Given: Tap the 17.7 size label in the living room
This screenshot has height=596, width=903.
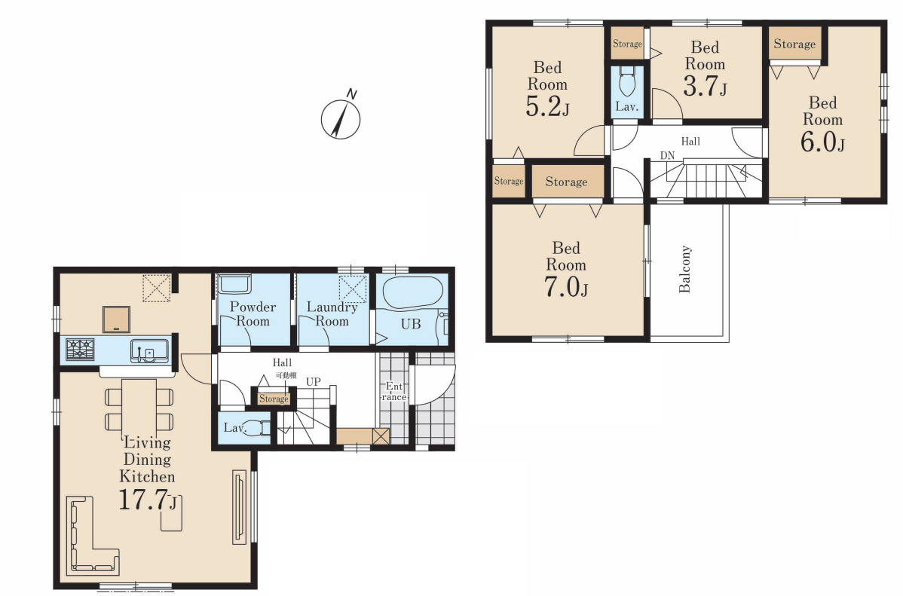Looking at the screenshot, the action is click(148, 500).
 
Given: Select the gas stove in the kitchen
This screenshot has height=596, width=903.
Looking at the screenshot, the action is click(80, 349).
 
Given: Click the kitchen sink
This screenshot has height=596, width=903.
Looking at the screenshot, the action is click(149, 350).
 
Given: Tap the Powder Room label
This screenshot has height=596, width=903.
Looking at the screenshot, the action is click(253, 314).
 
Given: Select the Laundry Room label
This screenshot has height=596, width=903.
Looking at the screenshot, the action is click(332, 314).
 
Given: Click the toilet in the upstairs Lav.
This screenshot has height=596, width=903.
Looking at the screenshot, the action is click(626, 82).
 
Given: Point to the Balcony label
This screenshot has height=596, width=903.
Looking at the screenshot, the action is click(684, 269).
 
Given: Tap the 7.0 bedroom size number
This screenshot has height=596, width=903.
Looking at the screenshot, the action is click(566, 287).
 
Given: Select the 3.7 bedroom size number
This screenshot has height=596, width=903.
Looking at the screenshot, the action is click(705, 87).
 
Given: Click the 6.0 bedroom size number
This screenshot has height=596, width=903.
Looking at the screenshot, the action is click(822, 142).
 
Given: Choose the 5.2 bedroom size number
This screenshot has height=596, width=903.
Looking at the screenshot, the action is click(547, 106).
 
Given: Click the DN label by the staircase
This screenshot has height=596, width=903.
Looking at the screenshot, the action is click(667, 155).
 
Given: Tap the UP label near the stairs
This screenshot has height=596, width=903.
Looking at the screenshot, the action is click(314, 382).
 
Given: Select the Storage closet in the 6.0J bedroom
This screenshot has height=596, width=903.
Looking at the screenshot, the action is click(794, 43).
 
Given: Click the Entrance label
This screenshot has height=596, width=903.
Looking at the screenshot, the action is click(394, 392).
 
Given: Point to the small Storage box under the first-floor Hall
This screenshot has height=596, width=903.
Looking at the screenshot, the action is click(274, 399).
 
